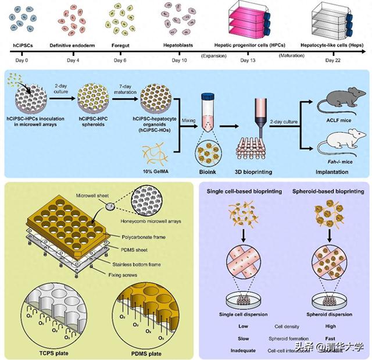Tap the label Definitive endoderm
click(x=72, y=45)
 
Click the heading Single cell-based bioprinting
click(x=244, y=191)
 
